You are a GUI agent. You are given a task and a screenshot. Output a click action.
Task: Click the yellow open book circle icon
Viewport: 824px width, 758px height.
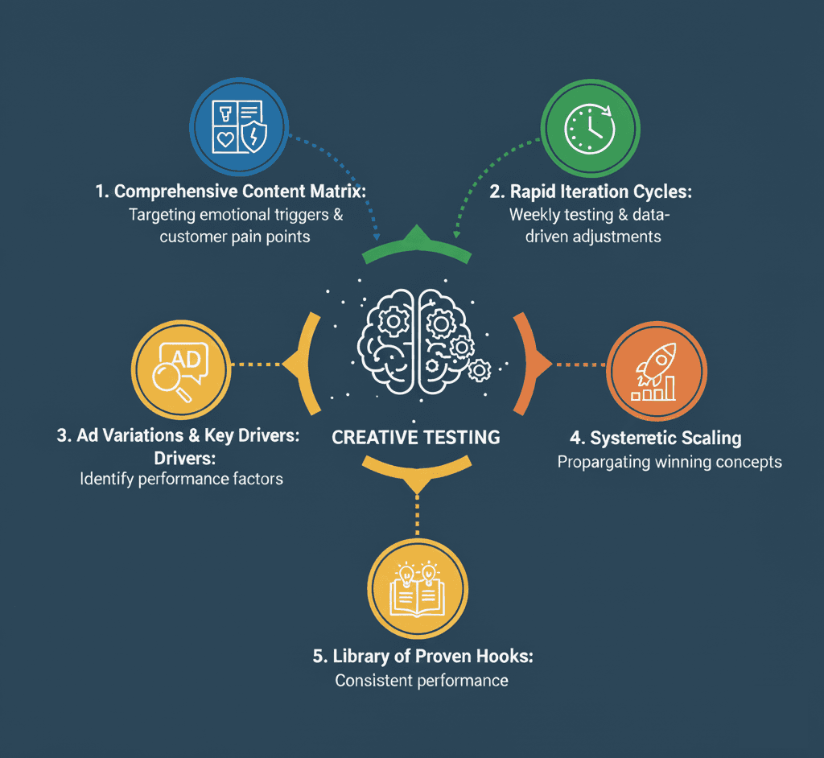pyautogui.click(x=418, y=590)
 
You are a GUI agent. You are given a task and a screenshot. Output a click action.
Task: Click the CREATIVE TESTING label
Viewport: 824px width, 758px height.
pyautogui.click(x=416, y=438)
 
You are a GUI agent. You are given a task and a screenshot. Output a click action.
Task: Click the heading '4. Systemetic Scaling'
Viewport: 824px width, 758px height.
pyautogui.click(x=655, y=439)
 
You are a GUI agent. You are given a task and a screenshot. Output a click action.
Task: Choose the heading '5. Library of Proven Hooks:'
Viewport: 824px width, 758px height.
pyautogui.click(x=422, y=656)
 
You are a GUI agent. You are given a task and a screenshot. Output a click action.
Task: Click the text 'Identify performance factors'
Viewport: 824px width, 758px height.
pyautogui.click(x=182, y=480)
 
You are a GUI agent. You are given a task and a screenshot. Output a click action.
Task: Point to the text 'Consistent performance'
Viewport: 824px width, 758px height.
pyautogui.click(x=422, y=681)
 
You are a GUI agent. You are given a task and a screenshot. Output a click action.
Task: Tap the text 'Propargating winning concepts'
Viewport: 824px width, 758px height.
pyautogui.click(x=669, y=463)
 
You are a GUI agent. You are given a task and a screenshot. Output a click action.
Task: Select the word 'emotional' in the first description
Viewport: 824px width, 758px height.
pyautogui.click(x=236, y=215)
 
